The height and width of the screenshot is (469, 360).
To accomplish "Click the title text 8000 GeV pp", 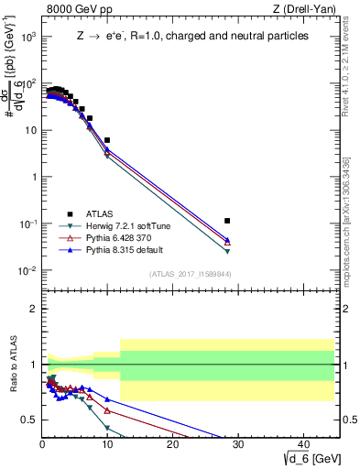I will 76,10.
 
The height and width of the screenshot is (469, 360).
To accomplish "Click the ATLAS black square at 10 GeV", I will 107,140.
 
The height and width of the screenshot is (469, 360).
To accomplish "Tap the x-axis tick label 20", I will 173,444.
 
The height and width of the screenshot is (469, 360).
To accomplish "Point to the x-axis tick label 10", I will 107,444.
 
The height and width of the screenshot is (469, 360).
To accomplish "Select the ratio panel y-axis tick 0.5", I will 29,420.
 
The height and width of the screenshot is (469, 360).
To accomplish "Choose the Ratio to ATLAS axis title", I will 14,365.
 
